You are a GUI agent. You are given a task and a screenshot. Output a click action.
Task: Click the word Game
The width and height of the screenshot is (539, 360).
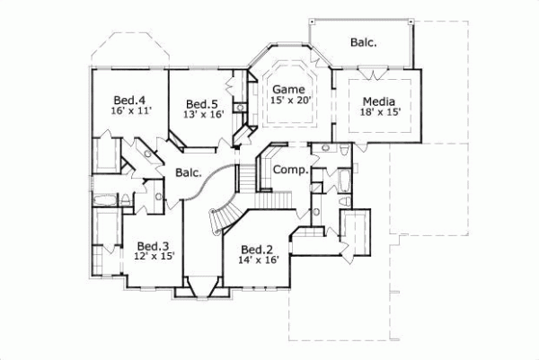coord(289,90)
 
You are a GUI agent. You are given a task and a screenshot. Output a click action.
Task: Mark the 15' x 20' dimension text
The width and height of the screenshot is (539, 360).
coord(289,101)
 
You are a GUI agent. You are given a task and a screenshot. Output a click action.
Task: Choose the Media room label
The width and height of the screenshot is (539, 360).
coord(380,101)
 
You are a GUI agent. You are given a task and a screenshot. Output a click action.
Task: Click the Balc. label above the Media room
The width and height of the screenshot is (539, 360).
coord(363,42)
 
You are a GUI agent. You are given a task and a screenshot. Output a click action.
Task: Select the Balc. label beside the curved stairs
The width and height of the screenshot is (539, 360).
coord(189,172)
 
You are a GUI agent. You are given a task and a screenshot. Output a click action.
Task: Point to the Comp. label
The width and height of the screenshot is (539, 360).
coord(290,170)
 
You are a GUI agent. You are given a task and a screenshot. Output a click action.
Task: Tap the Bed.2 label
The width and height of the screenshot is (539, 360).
coord(257,249)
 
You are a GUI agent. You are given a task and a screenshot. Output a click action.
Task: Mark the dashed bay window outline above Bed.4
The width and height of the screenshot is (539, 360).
coord(126,48)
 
